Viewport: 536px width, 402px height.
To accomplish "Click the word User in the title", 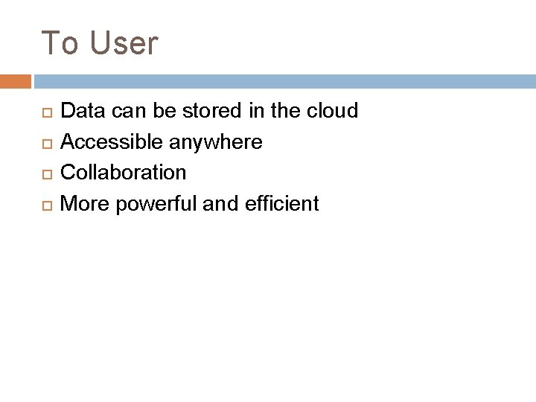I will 124,43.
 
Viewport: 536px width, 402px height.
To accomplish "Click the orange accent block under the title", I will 16,81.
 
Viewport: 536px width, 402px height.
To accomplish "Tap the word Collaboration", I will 123,173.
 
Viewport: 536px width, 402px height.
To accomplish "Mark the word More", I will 83,204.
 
